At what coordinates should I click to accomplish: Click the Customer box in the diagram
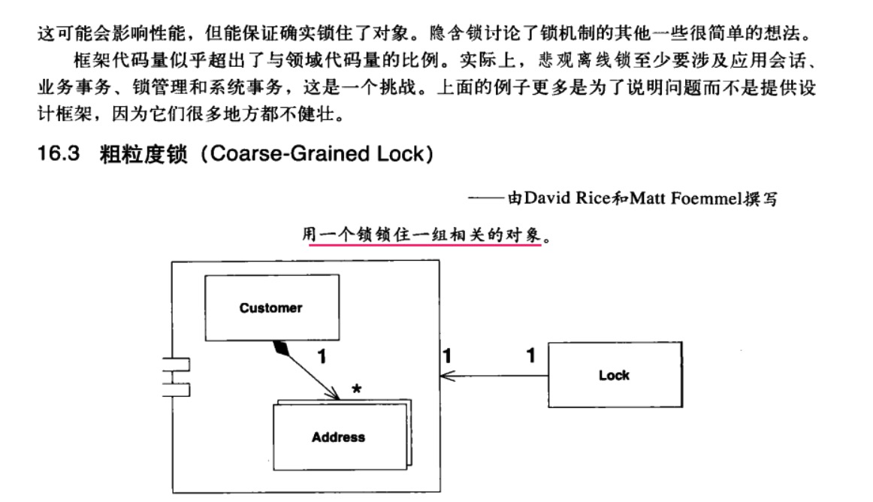271,307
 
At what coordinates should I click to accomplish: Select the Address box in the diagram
338,437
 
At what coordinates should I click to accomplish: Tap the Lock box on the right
614,375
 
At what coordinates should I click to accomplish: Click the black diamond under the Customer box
282,347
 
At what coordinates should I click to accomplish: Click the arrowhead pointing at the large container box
444,376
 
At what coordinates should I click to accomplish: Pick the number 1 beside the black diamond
322,358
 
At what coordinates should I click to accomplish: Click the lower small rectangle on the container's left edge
179,389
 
